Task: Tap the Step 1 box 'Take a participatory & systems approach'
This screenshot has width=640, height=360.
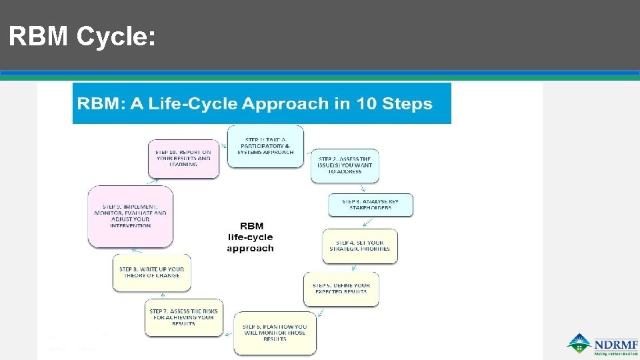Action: pyautogui.click(x=265, y=145)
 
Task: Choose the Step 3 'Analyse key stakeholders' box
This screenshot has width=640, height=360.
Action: pyautogui.click(x=370, y=205)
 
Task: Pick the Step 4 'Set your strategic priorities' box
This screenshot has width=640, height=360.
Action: pyautogui.click(x=359, y=246)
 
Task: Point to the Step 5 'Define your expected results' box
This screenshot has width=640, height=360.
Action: pyautogui.click(x=341, y=289)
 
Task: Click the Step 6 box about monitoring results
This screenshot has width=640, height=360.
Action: pyautogui.click(x=275, y=332)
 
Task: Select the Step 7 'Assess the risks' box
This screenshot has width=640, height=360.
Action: pyautogui.click(x=184, y=317)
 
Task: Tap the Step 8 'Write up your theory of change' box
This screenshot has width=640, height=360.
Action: pyautogui.click(x=152, y=272)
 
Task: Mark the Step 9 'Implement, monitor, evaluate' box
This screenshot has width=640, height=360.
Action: pyautogui.click(x=131, y=216)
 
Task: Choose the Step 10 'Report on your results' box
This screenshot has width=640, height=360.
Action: pyautogui.click(x=183, y=158)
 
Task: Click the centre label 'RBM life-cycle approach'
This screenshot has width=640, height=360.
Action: pyautogui.click(x=250, y=237)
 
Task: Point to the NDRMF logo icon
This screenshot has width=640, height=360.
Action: pyautogui.click(x=579, y=342)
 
